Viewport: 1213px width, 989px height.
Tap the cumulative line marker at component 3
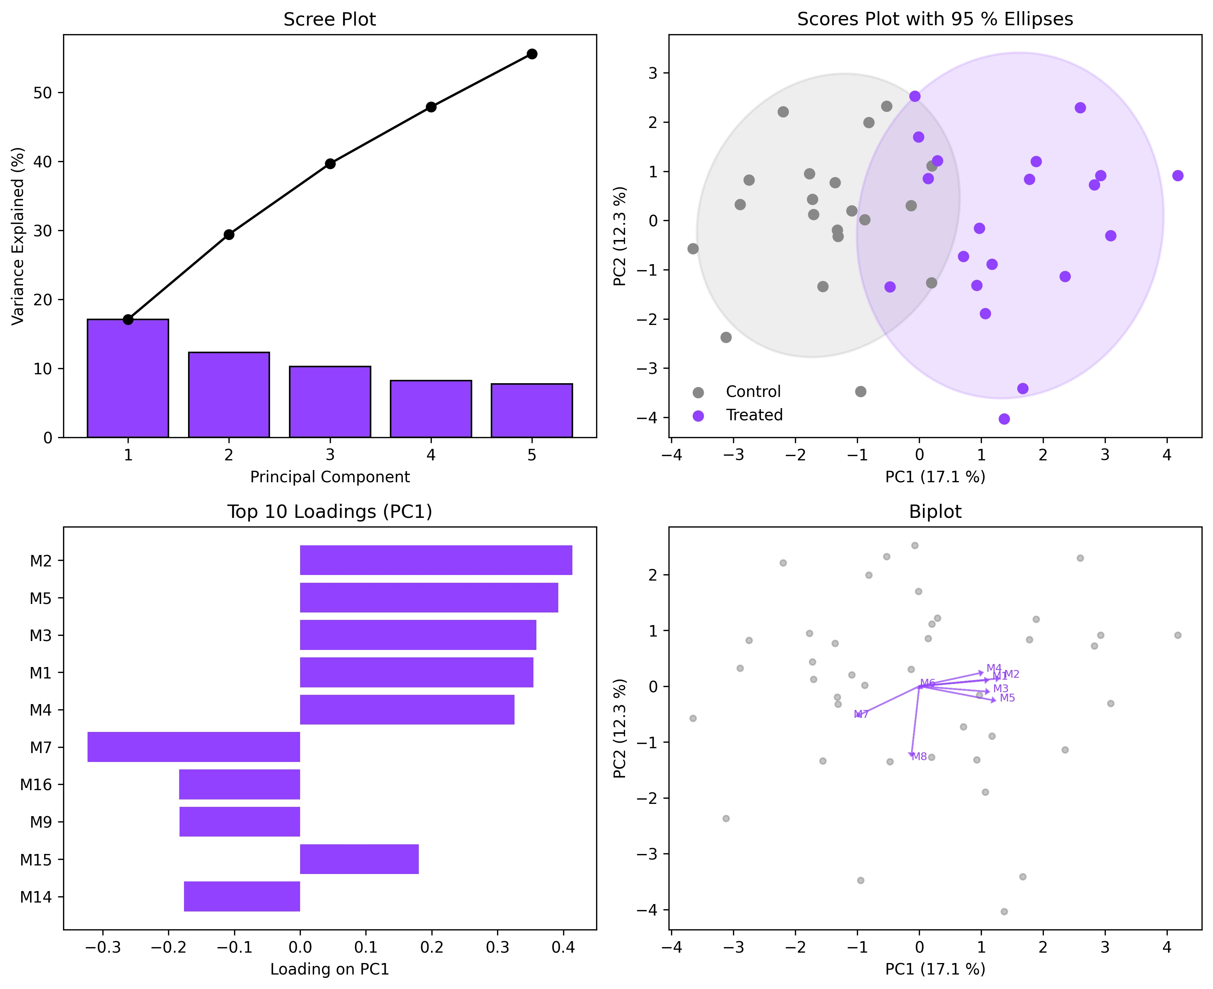coord(330,164)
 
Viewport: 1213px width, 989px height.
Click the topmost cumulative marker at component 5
coord(532,54)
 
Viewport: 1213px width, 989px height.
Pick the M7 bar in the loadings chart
coord(194,747)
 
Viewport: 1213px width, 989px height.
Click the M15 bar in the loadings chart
coord(359,859)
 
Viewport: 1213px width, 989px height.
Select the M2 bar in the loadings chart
coord(436,560)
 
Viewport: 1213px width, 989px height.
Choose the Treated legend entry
coord(753,415)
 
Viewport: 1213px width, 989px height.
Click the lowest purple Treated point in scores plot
coord(1004,419)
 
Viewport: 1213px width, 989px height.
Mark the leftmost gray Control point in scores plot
coord(693,249)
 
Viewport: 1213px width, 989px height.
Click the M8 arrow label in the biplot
coord(919,756)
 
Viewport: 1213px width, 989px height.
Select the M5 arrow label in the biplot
coord(1007,698)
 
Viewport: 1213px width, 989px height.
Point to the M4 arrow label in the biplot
coord(994,668)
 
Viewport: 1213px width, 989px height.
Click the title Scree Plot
coord(329,19)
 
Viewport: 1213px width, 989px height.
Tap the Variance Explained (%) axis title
coord(18,236)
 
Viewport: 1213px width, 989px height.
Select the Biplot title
coord(934,512)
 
